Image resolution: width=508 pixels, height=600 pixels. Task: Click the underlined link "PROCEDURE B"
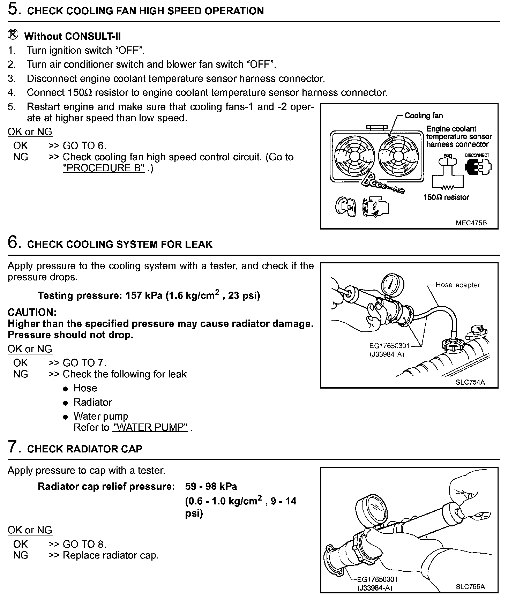pos(104,168)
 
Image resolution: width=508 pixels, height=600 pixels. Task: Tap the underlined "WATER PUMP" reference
pos(150,427)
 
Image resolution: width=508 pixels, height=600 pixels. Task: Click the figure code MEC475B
pos(471,223)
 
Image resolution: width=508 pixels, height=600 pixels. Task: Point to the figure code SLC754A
pos(470,382)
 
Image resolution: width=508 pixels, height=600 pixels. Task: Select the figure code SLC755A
pos(470,586)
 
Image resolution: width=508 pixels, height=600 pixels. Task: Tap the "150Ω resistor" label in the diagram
pos(446,197)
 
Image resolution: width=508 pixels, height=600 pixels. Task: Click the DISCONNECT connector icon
pos(478,167)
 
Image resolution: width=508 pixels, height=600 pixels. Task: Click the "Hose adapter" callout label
pos(458,285)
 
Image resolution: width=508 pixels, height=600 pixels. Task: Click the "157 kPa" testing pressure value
pos(144,296)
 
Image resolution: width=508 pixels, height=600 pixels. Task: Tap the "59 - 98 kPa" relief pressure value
pos(211,486)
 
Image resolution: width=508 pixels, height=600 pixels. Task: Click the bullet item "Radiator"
pos(92,402)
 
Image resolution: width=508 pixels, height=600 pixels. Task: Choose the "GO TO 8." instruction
pos(84,544)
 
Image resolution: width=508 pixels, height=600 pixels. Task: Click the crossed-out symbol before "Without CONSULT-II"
pos(13,35)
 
